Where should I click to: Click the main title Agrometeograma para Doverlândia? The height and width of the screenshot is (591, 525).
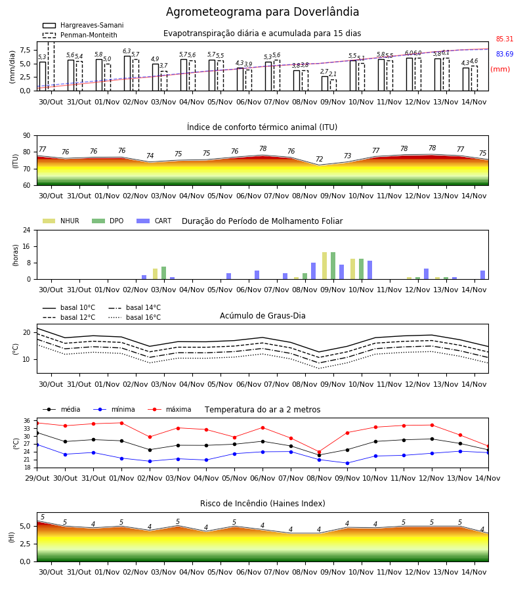point(262,12)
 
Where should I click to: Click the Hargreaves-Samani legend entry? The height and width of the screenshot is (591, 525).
point(83,25)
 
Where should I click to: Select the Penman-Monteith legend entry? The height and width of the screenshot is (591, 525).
point(80,35)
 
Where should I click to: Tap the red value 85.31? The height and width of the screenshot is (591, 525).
point(505,39)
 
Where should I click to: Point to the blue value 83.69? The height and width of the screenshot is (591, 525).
point(505,54)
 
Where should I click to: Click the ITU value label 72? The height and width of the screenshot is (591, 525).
point(320,159)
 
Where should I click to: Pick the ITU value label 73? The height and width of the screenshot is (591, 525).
point(347,156)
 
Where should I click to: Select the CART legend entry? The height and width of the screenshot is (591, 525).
point(154,221)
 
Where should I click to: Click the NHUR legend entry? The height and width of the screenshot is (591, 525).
point(61,221)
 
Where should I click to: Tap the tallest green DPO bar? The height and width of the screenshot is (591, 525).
point(333,266)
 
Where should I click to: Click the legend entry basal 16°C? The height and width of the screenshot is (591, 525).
point(135,317)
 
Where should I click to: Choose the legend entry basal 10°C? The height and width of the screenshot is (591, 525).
point(69,307)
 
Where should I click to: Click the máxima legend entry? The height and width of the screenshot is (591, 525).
point(169,409)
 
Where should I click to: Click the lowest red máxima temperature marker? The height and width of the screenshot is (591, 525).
point(320,452)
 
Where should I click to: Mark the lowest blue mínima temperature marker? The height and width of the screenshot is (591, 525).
point(347,463)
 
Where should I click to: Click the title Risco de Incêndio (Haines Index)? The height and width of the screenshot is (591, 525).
point(262,504)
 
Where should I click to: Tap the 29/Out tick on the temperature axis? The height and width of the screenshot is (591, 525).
point(37,478)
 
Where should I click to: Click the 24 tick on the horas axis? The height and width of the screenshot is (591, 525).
point(27,230)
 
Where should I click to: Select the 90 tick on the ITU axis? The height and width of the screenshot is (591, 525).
point(27,136)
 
